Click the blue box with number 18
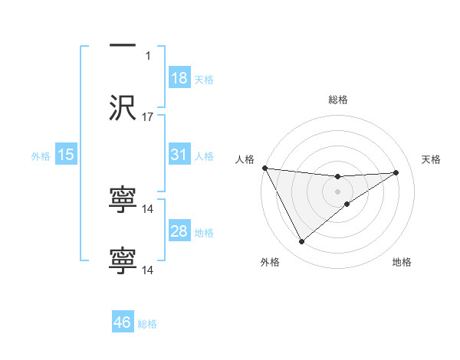click(x=179, y=78)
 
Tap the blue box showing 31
click(x=179, y=155)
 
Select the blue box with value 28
click(x=179, y=231)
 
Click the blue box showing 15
click(x=66, y=155)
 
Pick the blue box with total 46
click(x=123, y=322)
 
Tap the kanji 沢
click(x=123, y=109)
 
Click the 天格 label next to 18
click(x=204, y=80)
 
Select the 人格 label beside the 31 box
click(x=204, y=156)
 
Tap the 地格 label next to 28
click(x=204, y=233)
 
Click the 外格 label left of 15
click(x=41, y=156)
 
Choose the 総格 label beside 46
click(x=147, y=324)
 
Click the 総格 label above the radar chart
click(x=338, y=100)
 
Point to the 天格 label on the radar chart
click(x=432, y=159)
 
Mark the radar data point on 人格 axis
click(x=264, y=168)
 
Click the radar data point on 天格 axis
click(x=396, y=172)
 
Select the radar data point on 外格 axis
click(x=301, y=242)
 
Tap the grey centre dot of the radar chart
click(x=337, y=191)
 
